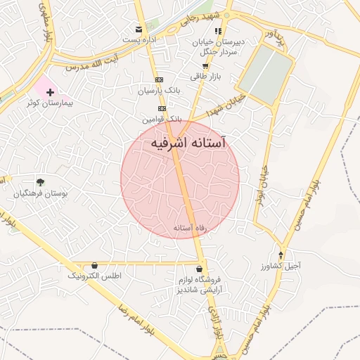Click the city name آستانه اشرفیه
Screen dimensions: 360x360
[190, 143]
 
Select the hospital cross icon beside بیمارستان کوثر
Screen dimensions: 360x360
[50, 92]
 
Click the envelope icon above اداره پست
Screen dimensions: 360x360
[140, 30]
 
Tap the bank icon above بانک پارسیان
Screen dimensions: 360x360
[159, 80]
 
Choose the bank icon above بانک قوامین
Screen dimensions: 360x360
[162, 108]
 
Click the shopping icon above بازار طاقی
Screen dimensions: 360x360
[205, 65]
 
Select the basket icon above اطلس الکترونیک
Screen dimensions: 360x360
[95, 266]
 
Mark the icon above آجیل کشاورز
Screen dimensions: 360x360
[282, 255]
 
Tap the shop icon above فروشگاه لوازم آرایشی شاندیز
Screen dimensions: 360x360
[201, 269]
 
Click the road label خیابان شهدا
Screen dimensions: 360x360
[226, 105]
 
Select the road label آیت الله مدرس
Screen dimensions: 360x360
[90, 65]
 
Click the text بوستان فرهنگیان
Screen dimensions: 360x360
[44, 193]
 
